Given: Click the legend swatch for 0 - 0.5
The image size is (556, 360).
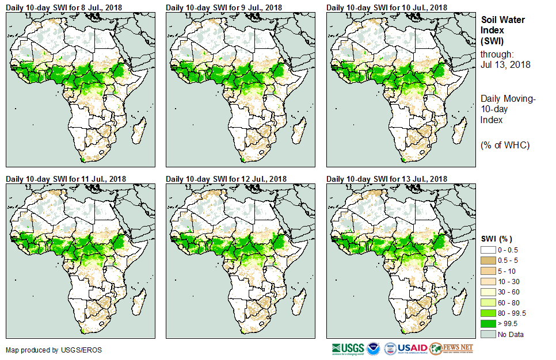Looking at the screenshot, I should point(488,250).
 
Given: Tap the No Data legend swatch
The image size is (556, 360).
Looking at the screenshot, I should point(488,335).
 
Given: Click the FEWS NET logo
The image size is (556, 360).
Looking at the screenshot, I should point(452,348).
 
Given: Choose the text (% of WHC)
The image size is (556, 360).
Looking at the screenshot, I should point(505,145).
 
